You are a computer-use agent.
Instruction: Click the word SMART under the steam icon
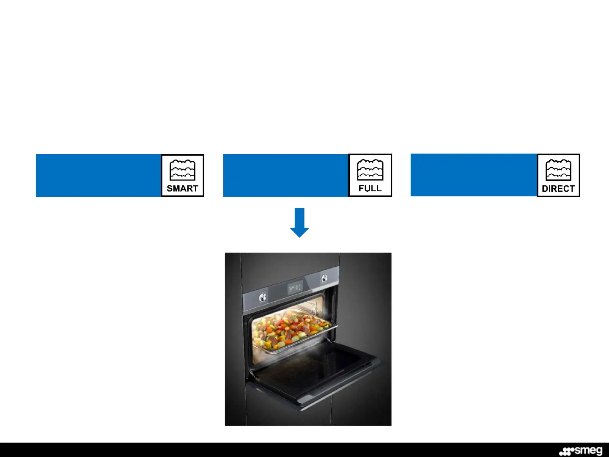click(182, 189)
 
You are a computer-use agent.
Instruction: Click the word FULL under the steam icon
click(370, 189)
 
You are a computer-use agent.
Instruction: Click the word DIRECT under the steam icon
click(558, 189)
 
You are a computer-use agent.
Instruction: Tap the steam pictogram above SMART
click(182, 170)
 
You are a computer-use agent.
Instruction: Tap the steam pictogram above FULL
click(370, 170)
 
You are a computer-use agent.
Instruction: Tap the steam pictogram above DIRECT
click(558, 170)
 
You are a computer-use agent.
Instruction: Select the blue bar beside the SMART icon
click(98, 175)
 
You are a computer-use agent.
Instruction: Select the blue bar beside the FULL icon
click(285, 175)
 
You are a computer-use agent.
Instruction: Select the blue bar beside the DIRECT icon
click(473, 175)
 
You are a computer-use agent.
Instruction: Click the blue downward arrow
click(299, 223)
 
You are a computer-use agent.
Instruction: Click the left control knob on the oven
click(263, 297)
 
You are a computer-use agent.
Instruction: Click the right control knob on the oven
click(324, 278)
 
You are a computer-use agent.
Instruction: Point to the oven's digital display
click(295, 288)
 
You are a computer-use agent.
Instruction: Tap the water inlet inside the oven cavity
click(316, 305)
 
